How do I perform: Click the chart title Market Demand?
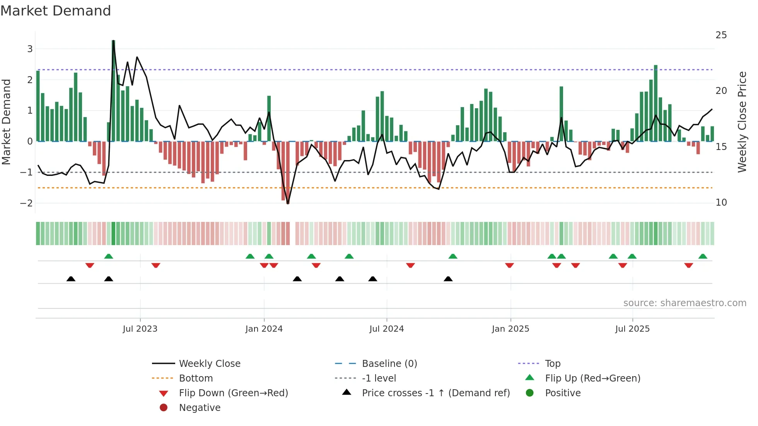[x=56, y=11]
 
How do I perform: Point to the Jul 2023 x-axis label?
[x=140, y=329]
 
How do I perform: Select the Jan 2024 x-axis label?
[x=264, y=329]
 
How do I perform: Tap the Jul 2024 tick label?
[x=386, y=329]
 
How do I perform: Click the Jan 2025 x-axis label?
[x=510, y=329]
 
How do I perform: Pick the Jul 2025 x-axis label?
[x=632, y=329]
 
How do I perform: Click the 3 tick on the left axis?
[x=30, y=49]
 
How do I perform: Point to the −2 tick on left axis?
[x=26, y=203]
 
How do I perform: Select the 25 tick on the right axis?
[x=721, y=35]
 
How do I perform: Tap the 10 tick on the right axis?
[x=721, y=203]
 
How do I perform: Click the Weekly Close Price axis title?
[x=742, y=122]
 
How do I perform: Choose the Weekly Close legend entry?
[x=209, y=364]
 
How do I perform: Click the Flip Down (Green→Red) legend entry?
[x=233, y=393]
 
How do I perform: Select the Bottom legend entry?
[x=196, y=378]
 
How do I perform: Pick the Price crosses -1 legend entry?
[x=435, y=393]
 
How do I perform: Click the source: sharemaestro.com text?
[x=685, y=303]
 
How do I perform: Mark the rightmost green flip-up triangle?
[x=703, y=256]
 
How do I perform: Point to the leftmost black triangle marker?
[x=71, y=279]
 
